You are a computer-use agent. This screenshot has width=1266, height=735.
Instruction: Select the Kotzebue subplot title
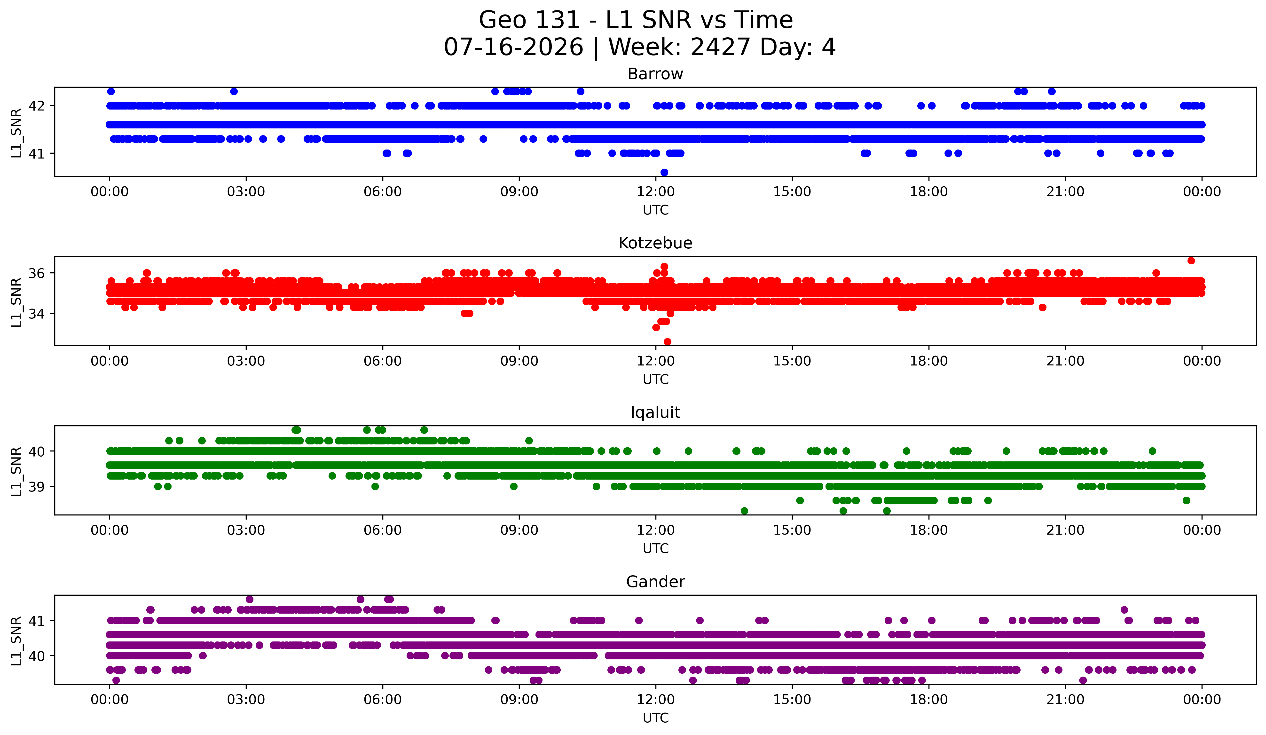point(655,243)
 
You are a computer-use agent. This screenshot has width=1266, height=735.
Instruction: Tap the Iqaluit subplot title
point(655,412)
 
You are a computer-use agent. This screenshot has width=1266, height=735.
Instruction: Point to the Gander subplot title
point(655,582)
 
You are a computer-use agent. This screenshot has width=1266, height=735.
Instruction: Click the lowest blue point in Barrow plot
point(664,172)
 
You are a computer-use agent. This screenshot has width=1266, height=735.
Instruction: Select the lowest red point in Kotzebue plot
point(667,342)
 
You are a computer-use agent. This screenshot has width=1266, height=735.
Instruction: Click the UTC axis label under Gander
point(656,718)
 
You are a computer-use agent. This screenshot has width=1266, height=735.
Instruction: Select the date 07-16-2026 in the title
point(513,47)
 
